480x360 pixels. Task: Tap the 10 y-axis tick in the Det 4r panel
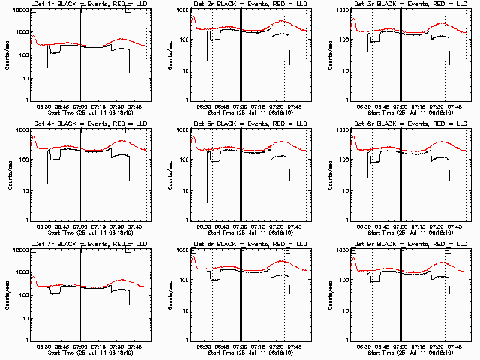coord(22,190)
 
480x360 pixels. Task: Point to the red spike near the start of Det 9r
coord(353,257)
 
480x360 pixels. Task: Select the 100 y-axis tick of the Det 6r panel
coord(343,160)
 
